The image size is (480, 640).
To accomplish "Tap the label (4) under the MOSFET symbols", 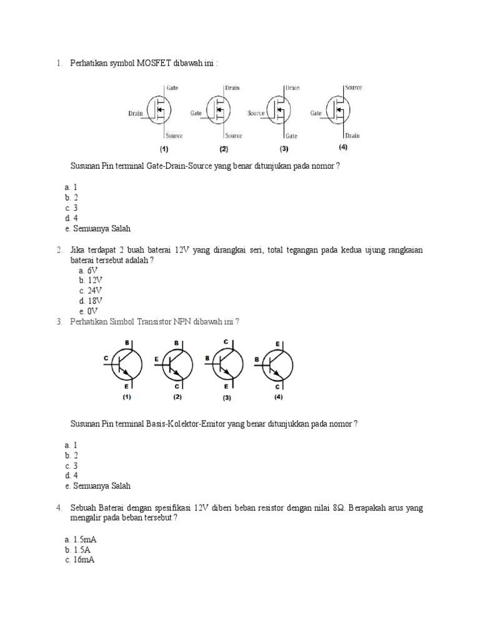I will pyautogui.click(x=343, y=147).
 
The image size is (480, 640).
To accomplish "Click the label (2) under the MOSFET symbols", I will pyautogui.click(x=224, y=149).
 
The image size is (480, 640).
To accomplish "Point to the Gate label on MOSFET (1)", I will pyautogui.click(x=172, y=88).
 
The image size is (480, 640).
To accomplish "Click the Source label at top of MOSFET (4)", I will pyautogui.click(x=353, y=88).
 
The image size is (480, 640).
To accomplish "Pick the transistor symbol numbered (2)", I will pyautogui.click(x=178, y=366).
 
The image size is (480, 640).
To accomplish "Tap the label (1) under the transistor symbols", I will pyautogui.click(x=127, y=397).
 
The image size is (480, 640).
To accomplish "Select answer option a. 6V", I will pyautogui.click(x=89, y=270).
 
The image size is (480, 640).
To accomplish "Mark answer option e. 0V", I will pyautogui.click(x=89, y=311).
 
